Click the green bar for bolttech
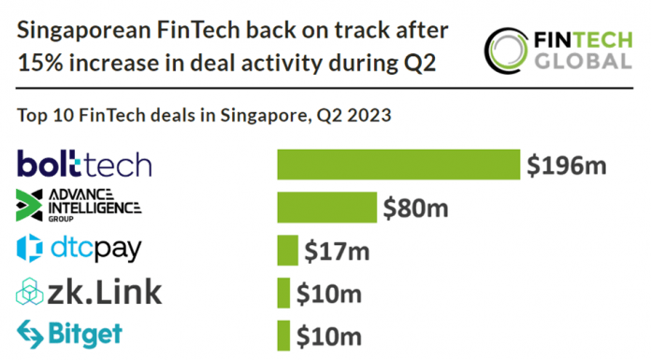[398, 166]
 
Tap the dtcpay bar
[287, 250]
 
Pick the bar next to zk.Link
[283, 292]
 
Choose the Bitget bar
[283, 334]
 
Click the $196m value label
[567, 166]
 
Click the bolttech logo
[84, 165]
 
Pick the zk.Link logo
[89, 292]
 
